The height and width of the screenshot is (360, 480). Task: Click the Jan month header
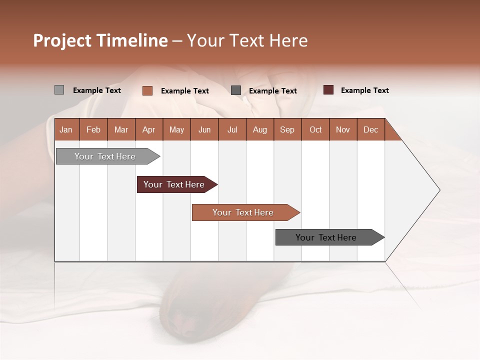[x=66, y=129]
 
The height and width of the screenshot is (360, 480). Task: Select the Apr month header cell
[x=149, y=129]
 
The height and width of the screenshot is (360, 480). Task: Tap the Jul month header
[x=232, y=129]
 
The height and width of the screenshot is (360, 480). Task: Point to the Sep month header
[x=287, y=129]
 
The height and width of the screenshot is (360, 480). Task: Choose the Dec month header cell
[x=370, y=129]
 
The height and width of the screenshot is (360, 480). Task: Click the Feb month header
[x=93, y=129]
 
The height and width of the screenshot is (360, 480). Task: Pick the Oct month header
[x=315, y=129]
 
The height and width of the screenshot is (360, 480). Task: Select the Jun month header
[x=204, y=129]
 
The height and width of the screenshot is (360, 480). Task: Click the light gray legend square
[x=59, y=90]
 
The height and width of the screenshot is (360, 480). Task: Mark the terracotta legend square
[x=147, y=90]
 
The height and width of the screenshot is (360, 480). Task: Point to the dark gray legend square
[x=236, y=90]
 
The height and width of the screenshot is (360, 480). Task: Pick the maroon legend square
[x=328, y=90]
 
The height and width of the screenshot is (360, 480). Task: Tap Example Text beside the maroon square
[x=364, y=90]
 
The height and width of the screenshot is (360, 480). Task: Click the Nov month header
[x=343, y=129]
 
